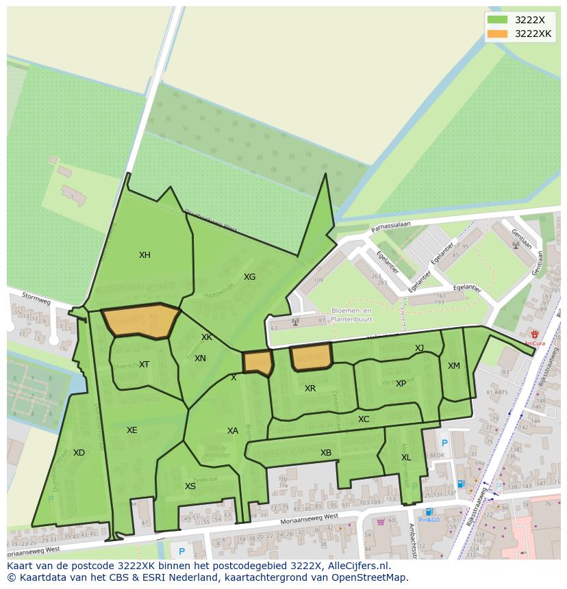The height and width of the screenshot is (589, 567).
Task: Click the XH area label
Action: [x=144, y=255]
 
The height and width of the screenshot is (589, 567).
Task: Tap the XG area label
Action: [x=249, y=277]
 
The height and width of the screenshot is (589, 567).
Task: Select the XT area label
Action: [x=144, y=365]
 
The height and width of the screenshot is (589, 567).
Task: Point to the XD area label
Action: [x=79, y=453]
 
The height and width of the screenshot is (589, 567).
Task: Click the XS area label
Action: [x=190, y=486]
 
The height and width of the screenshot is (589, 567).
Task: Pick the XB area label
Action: [x=326, y=453]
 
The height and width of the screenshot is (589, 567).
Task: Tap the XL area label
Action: [x=406, y=458]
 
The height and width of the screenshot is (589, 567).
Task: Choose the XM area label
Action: [x=454, y=366]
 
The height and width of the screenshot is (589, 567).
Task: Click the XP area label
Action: [x=401, y=384]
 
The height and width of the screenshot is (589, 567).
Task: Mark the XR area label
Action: [x=310, y=389]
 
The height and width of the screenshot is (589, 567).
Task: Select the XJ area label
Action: [x=419, y=348]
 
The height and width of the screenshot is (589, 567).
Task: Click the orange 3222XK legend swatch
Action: [x=498, y=34]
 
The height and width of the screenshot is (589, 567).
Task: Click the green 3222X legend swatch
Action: [x=498, y=20]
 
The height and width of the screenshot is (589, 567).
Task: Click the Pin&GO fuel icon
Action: [x=429, y=512]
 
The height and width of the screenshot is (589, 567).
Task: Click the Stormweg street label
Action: [x=36, y=300]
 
